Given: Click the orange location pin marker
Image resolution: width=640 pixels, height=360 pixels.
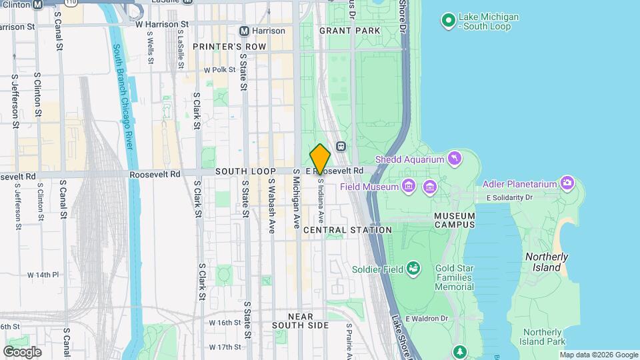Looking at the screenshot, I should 320,159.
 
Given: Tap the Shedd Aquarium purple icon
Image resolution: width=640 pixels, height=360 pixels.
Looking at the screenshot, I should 455,158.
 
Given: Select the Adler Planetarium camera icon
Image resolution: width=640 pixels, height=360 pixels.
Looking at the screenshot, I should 567,183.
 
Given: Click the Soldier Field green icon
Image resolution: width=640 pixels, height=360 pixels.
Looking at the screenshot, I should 414,269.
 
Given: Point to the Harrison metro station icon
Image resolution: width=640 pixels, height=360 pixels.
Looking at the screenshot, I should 245,31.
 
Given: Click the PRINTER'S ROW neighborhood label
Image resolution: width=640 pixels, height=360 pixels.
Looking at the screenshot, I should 229,47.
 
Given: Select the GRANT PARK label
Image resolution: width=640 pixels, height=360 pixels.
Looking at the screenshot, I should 349,31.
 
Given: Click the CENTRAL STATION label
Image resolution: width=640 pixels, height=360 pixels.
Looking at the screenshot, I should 347,230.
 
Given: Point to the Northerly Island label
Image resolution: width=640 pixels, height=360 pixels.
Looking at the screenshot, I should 547,261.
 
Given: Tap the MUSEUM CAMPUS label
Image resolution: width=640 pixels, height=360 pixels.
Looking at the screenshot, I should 454,220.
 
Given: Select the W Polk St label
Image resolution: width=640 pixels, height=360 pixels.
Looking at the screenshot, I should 220,69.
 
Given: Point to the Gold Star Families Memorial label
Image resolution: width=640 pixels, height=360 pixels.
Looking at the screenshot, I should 454,277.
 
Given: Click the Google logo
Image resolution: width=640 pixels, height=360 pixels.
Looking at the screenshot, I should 22,351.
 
